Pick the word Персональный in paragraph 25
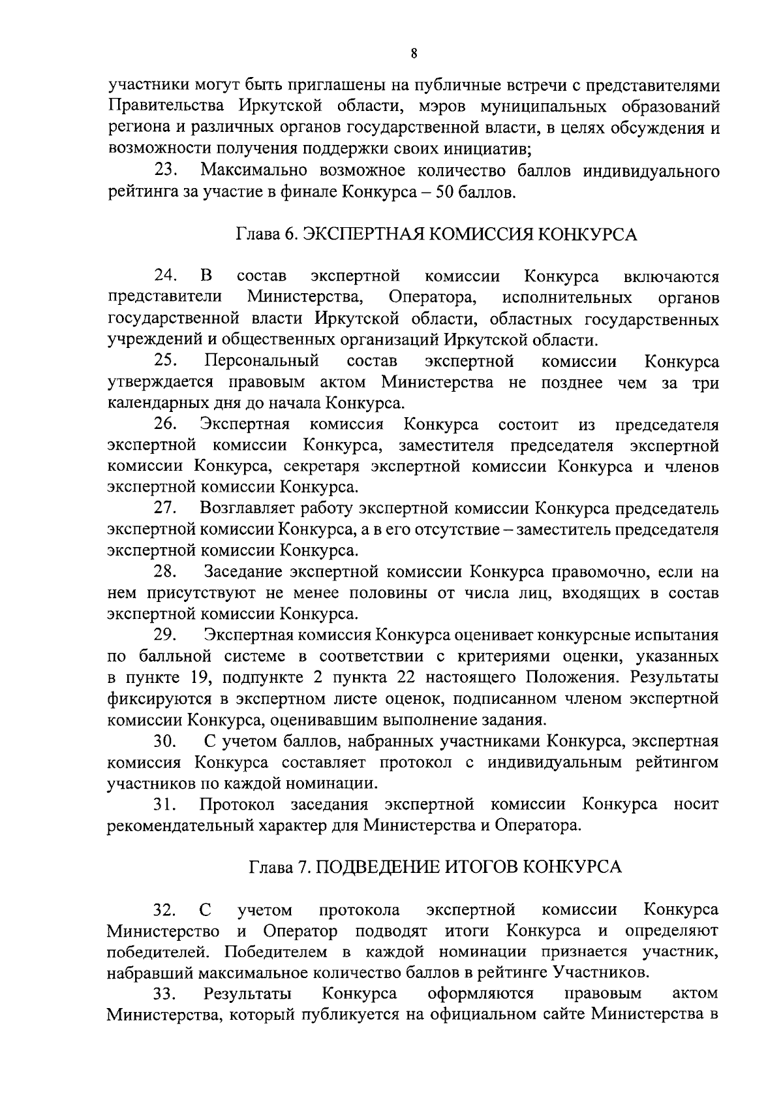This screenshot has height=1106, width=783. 261,361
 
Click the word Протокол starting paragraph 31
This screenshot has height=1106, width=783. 239,805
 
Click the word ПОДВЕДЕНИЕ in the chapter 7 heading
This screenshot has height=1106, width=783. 376,868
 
